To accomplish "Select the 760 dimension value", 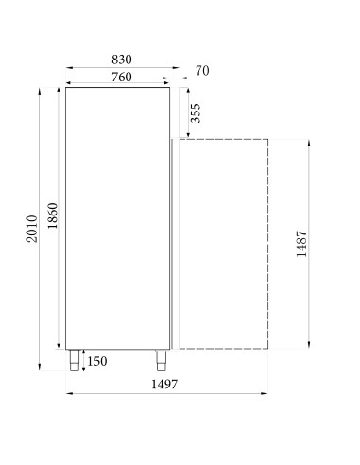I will [x=115, y=77].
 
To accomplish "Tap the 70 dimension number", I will [x=201, y=70].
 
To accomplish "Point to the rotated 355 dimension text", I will [x=196, y=114].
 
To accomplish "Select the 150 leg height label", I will [x=95, y=361].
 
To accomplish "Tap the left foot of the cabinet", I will [x=72, y=358].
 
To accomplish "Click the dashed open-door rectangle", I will [x=223, y=242].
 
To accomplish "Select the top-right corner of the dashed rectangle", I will [x=269, y=140].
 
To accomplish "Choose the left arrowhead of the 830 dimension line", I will [x=68, y=68].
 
